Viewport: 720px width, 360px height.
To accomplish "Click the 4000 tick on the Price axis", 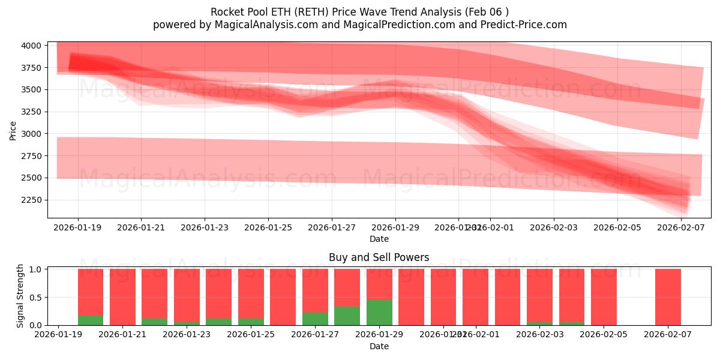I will [31, 46].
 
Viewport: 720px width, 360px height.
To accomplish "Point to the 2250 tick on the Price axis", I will [31, 200].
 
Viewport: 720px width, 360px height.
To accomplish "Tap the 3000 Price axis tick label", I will [31, 134].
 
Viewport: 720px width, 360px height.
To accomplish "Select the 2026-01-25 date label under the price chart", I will [268, 227].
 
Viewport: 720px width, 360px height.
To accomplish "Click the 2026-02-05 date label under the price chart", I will [617, 227].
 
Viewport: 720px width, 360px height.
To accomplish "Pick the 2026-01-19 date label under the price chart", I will [77, 227].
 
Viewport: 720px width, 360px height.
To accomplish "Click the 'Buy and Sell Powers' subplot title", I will [379, 257].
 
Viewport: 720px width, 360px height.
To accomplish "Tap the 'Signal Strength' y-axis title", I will [20, 296].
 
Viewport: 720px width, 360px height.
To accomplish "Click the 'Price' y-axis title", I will [13, 130].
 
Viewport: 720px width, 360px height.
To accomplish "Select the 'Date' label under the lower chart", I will [379, 346].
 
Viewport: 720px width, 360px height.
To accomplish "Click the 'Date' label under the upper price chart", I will [379, 239].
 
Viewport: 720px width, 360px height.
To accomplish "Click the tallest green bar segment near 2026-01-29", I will [379, 313].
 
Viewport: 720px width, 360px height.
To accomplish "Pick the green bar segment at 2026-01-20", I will [91, 320].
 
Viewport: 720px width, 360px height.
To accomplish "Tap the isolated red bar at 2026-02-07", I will [668, 297].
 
